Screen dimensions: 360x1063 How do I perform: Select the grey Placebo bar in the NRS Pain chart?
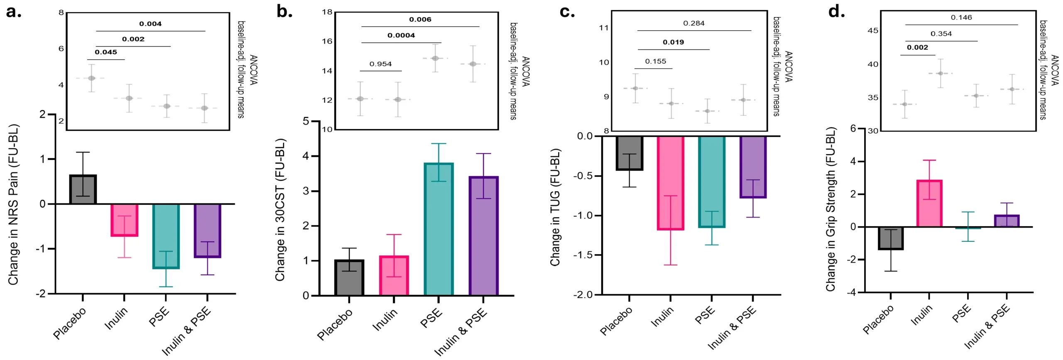pyautogui.click(x=83, y=189)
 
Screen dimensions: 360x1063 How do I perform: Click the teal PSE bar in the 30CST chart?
pyautogui.click(x=438, y=228)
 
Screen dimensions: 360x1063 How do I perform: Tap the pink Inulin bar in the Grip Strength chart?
pyautogui.click(x=929, y=203)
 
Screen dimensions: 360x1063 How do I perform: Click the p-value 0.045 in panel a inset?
pyautogui.click(x=106, y=52)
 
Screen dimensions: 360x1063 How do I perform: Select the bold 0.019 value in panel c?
pyautogui.click(x=673, y=42)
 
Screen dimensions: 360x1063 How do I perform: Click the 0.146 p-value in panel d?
pyautogui.click(x=961, y=17)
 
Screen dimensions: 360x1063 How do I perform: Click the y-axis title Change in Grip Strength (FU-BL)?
pyautogui.click(x=830, y=209)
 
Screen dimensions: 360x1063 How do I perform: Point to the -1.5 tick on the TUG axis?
pyautogui.click(x=583, y=255)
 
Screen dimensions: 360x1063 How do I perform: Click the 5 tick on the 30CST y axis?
pyautogui.click(x=306, y=121)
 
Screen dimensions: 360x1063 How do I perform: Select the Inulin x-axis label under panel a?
pyautogui.click(x=116, y=318)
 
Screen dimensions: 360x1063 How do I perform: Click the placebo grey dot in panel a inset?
pyautogui.click(x=92, y=78)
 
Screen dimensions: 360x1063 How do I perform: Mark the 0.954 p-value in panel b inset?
pyautogui.click(x=380, y=64)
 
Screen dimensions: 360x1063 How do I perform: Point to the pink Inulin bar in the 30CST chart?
pyautogui.click(x=394, y=275)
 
